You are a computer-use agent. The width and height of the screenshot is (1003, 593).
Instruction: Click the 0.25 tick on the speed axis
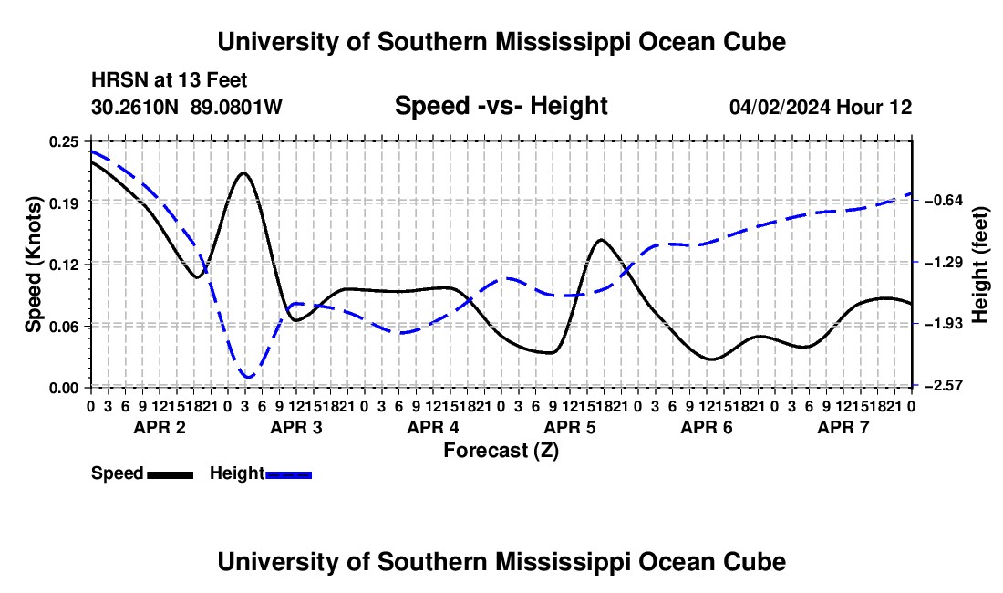tap(63, 141)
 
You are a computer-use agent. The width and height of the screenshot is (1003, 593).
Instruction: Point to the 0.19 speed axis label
tap(63, 203)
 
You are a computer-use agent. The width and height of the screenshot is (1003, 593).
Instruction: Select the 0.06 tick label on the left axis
tap(63, 327)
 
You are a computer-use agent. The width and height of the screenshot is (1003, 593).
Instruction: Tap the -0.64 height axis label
tap(944, 201)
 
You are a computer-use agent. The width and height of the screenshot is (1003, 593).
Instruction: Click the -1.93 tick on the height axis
tap(944, 324)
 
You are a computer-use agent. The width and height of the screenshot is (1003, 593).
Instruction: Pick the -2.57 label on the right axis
tap(944, 385)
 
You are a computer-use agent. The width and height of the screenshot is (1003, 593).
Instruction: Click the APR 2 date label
tap(160, 427)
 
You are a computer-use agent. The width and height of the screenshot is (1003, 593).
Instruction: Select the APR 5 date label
tap(569, 427)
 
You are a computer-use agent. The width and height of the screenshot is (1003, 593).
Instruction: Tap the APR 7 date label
tap(843, 427)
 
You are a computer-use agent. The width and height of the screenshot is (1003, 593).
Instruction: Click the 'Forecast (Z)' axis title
tap(501, 451)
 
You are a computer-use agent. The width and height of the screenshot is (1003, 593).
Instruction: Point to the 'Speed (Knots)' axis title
tap(33, 265)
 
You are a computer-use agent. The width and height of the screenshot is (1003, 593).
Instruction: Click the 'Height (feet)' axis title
tap(979, 265)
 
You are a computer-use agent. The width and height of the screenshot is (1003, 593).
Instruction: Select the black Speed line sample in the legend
tap(171, 475)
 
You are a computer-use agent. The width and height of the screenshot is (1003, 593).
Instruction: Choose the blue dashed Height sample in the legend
tap(288, 475)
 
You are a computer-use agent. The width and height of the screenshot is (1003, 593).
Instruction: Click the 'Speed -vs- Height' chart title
tap(501, 106)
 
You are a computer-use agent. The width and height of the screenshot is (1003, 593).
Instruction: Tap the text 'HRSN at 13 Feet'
tap(169, 80)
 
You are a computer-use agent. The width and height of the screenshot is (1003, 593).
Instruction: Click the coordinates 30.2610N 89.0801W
tap(187, 107)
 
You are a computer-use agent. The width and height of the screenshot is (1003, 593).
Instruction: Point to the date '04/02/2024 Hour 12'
tap(821, 107)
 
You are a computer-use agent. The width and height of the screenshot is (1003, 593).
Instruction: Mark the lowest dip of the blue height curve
tap(248, 377)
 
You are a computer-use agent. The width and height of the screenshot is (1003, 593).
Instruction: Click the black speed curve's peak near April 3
tap(243, 172)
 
